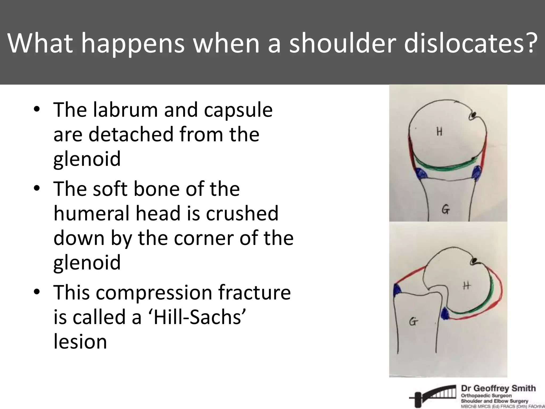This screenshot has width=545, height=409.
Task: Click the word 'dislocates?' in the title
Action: (470, 43)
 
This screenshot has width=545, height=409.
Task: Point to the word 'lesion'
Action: (80, 342)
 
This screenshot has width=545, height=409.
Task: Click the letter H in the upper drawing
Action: (439, 131)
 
